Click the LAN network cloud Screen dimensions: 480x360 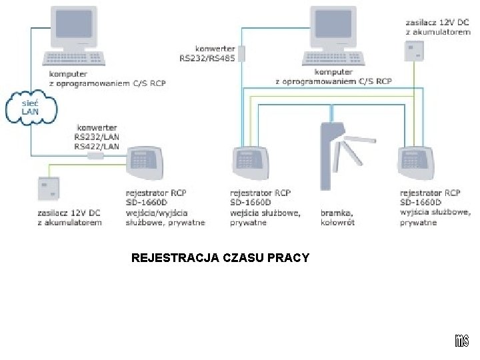(x=31, y=108)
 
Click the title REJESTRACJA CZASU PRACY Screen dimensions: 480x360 (x=221, y=257)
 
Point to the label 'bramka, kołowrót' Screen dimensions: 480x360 (x=337, y=217)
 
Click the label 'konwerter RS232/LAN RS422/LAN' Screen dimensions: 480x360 (x=97, y=136)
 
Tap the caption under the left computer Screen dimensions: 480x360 (x=107, y=80)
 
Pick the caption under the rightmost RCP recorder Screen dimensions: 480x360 (x=435, y=207)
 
